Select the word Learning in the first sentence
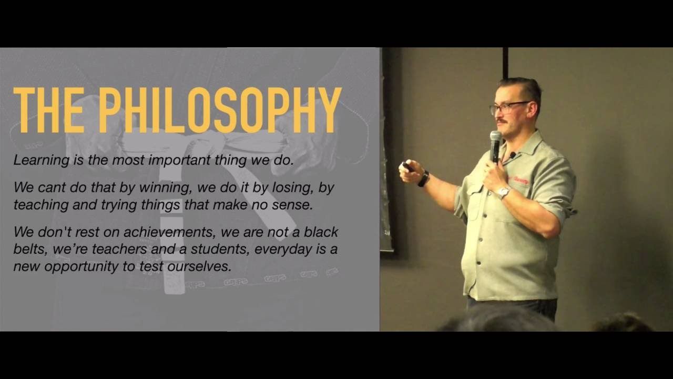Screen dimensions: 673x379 click(x=41, y=161)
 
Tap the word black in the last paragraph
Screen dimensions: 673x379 click(x=321, y=232)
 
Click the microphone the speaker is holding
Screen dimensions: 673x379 click(x=495, y=146)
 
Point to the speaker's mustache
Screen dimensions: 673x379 click(x=501, y=121)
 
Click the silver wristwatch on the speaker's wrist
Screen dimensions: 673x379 click(x=503, y=192)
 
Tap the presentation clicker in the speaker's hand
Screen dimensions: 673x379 click(x=408, y=166)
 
